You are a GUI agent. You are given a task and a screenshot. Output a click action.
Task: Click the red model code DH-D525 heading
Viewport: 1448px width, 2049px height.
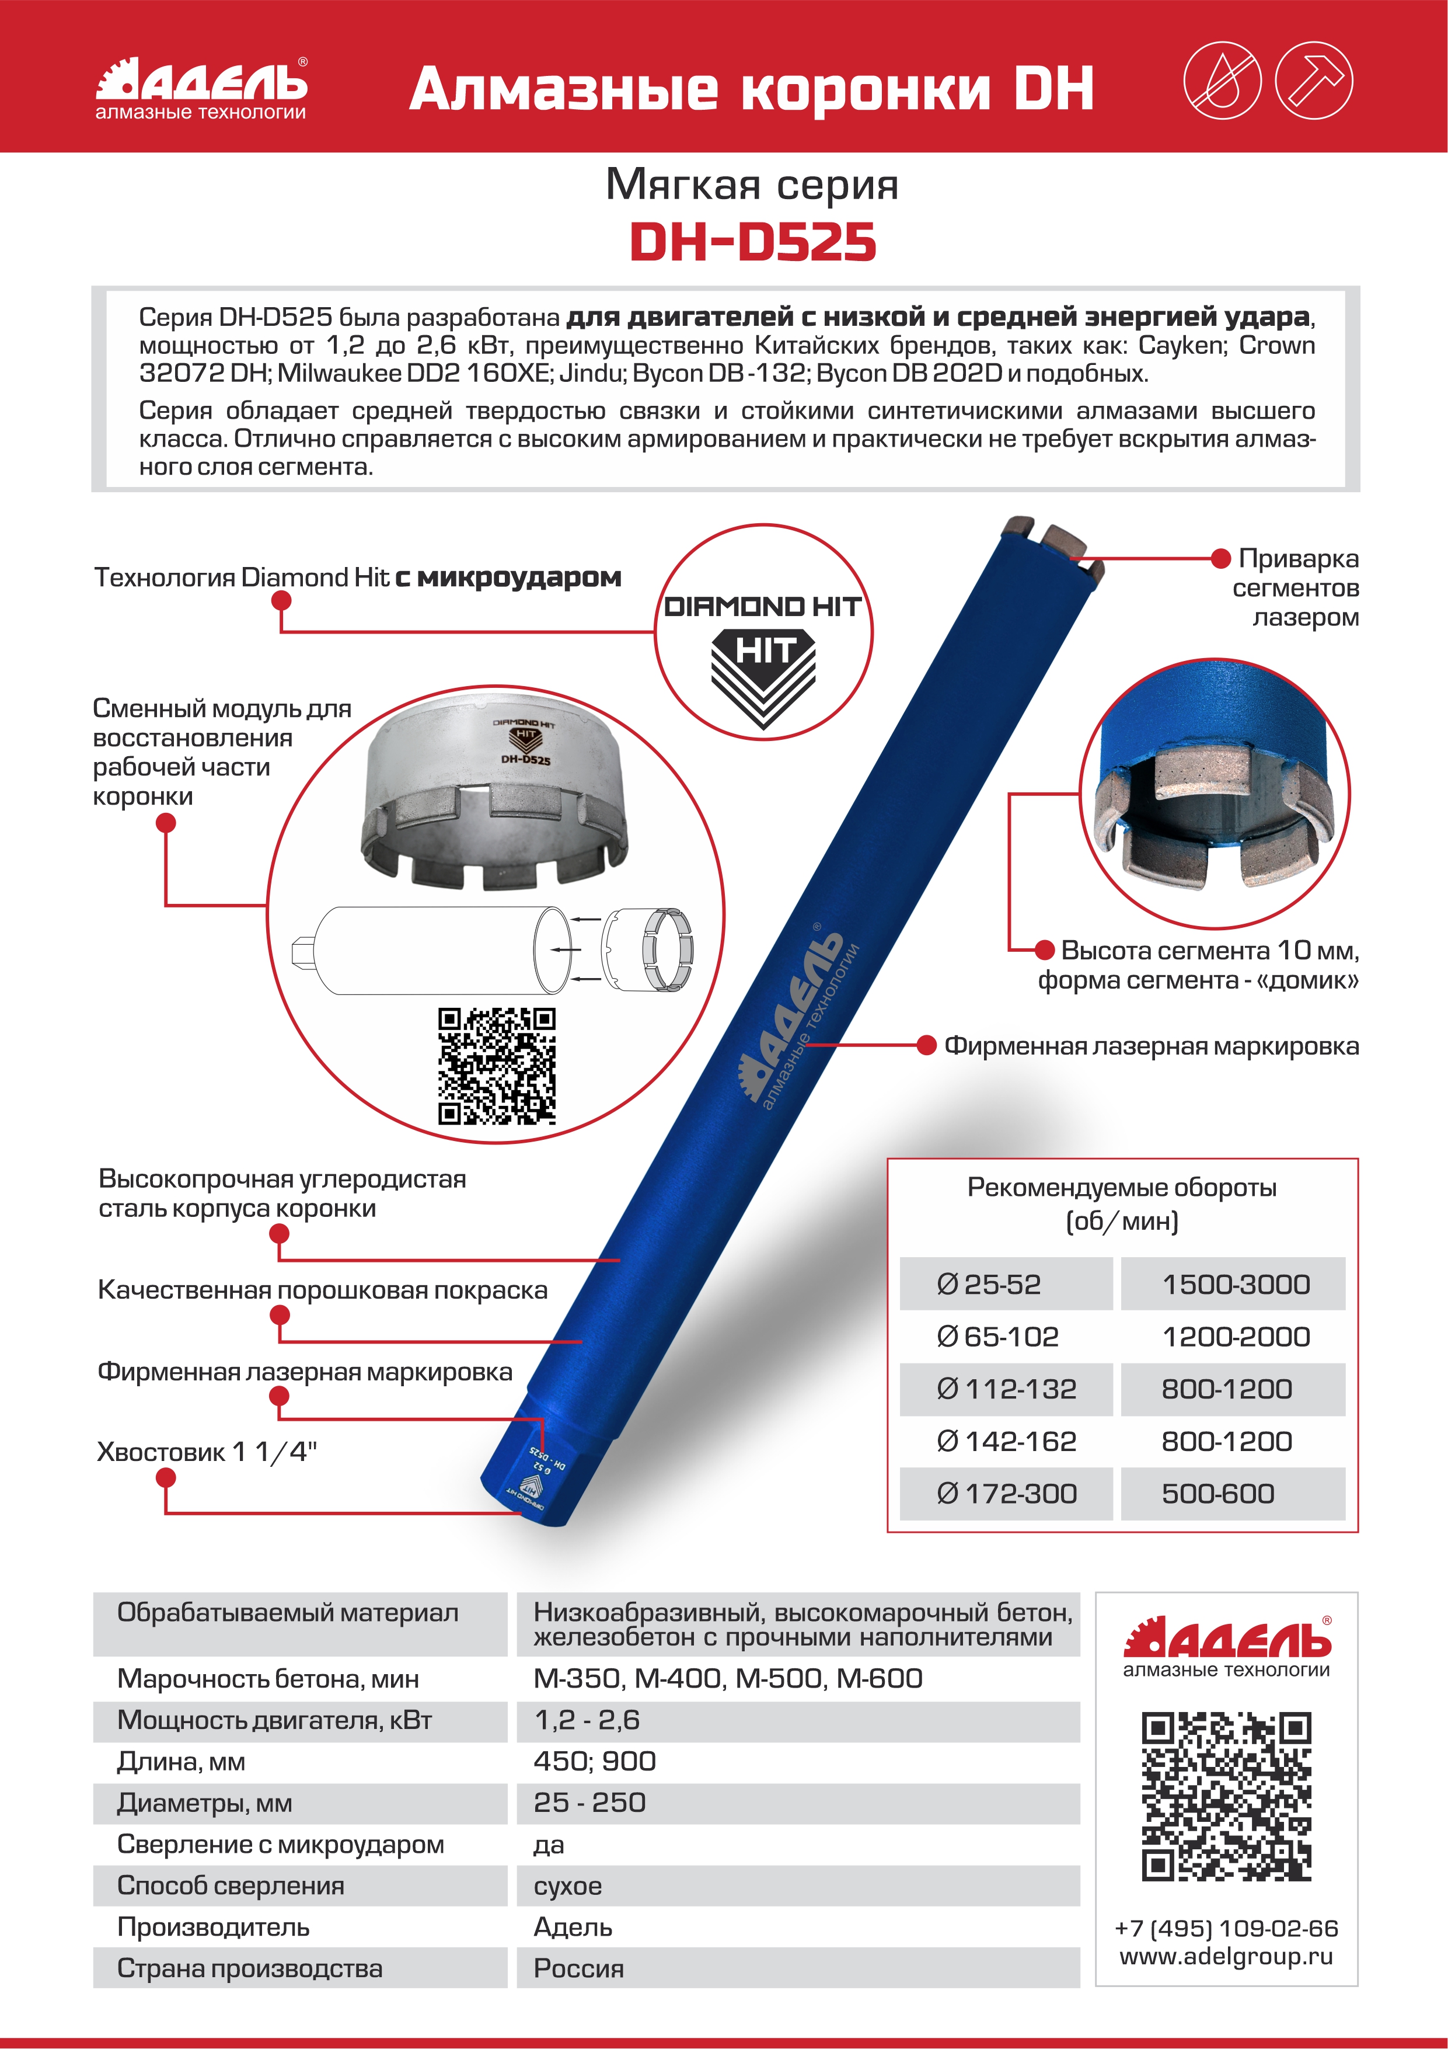(752, 243)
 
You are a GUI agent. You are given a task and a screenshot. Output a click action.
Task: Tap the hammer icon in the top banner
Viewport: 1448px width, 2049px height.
(1313, 81)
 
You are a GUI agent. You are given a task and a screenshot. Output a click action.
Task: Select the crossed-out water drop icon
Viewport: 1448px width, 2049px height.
(1222, 81)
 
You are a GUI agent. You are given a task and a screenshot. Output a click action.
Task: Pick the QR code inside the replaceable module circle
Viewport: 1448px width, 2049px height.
(496, 1066)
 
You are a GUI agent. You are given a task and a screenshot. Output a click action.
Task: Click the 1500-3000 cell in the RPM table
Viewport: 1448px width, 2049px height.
(1235, 1284)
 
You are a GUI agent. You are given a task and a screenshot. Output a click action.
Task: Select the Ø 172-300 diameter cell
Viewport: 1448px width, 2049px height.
(1006, 1493)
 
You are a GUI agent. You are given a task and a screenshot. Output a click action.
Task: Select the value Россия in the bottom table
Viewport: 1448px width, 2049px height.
(578, 1968)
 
